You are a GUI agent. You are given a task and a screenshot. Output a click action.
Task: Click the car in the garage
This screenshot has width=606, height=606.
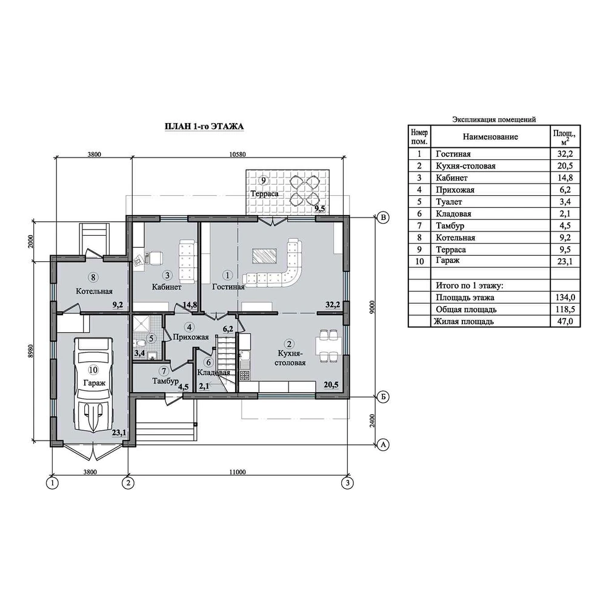pyautogui.click(x=93, y=385)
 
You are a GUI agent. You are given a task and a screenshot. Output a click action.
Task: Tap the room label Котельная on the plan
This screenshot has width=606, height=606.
pyautogui.click(x=95, y=291)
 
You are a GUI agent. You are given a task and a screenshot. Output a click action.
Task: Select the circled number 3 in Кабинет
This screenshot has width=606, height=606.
pyautogui.click(x=167, y=275)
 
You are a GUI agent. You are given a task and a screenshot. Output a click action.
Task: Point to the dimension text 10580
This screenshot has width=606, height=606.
pyautogui.click(x=238, y=155)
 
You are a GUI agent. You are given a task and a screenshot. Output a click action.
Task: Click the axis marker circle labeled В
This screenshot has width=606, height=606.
pyautogui.click(x=383, y=218)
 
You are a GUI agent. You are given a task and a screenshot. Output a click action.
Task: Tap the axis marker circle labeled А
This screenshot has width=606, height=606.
pyautogui.click(x=383, y=444)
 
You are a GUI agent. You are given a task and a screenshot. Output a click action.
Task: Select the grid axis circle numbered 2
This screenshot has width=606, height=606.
pyautogui.click(x=128, y=483)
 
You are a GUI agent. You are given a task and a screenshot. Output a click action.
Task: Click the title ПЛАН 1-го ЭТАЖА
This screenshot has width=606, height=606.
pyautogui.click(x=204, y=127)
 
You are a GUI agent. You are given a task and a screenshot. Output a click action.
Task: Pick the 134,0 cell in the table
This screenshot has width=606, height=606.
pyautogui.click(x=565, y=297)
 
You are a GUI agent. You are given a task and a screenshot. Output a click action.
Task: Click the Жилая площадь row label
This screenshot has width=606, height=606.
pyautogui.click(x=464, y=321)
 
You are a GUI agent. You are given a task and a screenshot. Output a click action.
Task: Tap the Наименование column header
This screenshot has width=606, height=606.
pyautogui.click(x=490, y=136)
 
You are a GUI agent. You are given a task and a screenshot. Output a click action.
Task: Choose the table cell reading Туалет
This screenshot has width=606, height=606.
pyautogui.click(x=449, y=201)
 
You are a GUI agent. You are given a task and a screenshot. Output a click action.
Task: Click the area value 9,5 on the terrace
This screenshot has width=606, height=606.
pyautogui.click(x=319, y=209)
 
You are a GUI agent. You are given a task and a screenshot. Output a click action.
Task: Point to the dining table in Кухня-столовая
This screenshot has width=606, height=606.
pyautogui.click(x=328, y=346)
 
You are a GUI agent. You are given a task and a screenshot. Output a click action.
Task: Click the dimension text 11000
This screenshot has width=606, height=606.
pyautogui.click(x=238, y=472)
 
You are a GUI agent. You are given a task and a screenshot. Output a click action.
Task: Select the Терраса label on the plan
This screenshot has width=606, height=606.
pyautogui.click(x=264, y=194)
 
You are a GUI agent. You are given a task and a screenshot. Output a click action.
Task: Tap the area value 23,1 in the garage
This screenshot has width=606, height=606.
pyautogui.click(x=119, y=433)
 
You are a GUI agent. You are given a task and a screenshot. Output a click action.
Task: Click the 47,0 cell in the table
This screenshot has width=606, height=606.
pyautogui.click(x=565, y=321)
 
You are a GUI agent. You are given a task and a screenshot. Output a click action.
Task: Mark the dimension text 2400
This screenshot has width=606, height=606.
pyautogui.click(x=372, y=421)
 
